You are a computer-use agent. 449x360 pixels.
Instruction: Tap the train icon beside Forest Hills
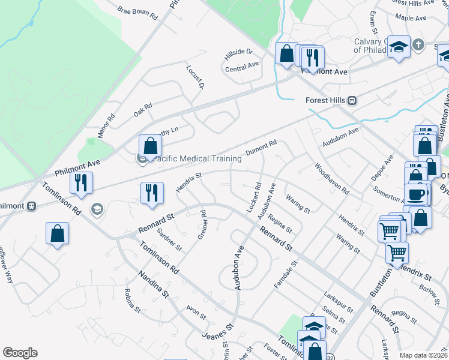354,100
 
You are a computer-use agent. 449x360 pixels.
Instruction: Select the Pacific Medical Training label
198,159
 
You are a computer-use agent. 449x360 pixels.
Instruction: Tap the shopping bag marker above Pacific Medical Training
150,146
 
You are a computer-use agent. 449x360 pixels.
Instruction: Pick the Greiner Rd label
202,224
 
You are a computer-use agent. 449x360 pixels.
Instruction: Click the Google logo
20,353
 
